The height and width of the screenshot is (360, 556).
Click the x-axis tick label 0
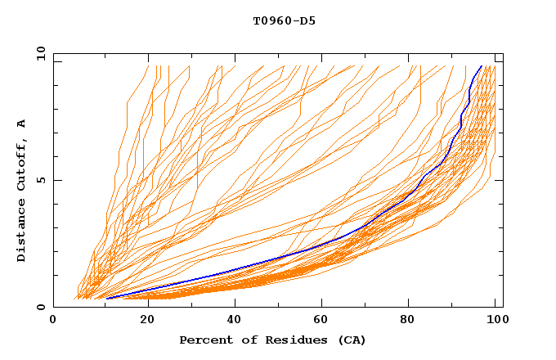(54, 321)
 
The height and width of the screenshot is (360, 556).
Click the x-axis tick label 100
(495, 321)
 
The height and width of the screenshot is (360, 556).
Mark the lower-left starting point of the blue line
(106, 298)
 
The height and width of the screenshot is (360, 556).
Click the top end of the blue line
(481, 66)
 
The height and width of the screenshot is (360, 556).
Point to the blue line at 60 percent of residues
(319, 246)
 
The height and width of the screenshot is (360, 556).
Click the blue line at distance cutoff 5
(423, 180)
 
